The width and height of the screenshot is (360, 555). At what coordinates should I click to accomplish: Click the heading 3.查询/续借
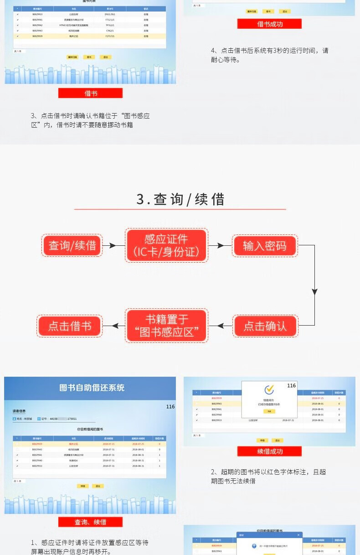point(180,199)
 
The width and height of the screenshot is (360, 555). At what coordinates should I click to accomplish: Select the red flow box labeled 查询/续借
point(72,245)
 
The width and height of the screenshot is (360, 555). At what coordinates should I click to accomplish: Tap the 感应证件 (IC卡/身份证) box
point(166,245)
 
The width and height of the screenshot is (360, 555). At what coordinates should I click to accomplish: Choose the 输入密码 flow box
point(265,246)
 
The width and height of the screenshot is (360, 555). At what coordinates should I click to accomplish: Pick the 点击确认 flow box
point(265,326)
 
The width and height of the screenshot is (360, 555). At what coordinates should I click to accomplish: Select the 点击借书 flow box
point(69,326)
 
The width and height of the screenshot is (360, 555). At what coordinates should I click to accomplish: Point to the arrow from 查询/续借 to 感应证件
point(113,245)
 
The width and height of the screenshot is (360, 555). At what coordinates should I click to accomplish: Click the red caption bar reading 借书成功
point(269,24)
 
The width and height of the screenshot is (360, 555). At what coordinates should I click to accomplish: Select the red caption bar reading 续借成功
point(269,451)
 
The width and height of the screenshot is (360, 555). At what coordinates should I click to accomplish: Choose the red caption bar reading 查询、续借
point(90,522)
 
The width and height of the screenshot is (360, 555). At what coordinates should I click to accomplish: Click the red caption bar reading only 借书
point(90,93)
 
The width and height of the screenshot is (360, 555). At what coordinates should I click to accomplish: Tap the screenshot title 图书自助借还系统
point(92,388)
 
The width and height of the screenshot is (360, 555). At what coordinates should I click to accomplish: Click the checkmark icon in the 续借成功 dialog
point(269,390)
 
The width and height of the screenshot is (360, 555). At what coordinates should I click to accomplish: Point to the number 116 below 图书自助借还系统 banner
point(170,406)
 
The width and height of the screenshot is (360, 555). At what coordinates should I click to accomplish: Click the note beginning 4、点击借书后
point(269,55)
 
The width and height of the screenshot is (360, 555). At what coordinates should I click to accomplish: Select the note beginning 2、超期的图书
point(268,476)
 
